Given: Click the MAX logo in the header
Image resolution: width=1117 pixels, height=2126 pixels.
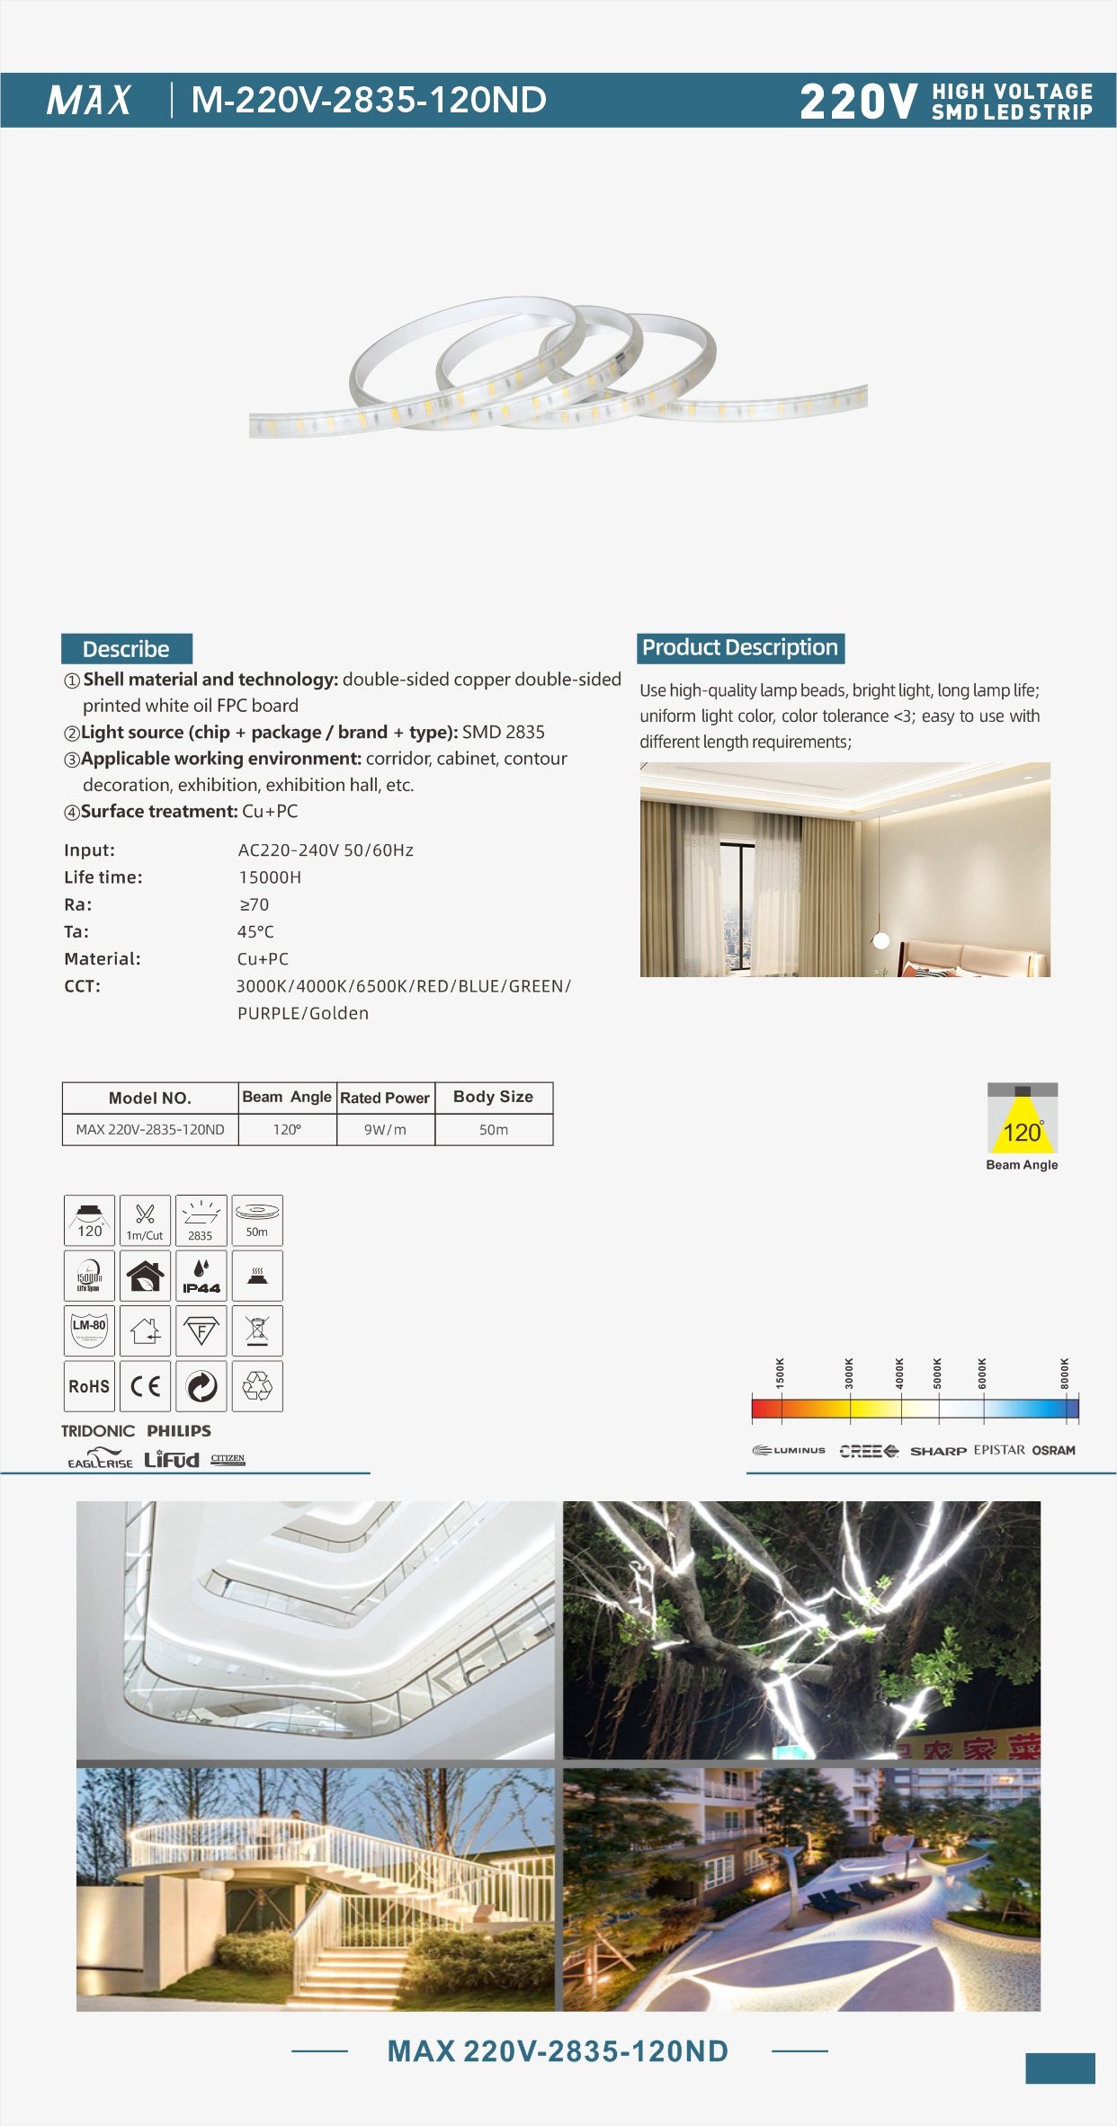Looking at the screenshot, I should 89,100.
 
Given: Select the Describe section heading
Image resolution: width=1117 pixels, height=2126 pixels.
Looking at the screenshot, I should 126,649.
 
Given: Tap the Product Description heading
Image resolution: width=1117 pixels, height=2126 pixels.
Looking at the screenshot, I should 740,648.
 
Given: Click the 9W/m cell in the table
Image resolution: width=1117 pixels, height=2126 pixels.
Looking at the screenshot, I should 385,1130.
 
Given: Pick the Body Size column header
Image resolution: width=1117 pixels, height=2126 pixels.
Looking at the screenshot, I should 493,1097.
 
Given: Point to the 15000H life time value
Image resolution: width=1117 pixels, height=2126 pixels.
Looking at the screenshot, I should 270,877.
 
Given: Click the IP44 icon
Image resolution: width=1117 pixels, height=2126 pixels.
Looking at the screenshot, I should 201,1276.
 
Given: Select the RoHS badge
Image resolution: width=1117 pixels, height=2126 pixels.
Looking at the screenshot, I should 89,1386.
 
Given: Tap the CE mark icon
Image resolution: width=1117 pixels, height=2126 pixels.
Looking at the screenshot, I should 145,1386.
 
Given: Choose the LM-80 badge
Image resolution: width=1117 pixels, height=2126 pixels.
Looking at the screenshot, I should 89,1330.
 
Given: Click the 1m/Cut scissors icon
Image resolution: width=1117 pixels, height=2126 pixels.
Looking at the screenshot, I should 145,1220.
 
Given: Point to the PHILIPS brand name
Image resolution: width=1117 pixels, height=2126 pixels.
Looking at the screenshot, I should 179,1430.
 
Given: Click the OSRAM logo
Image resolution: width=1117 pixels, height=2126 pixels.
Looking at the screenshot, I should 1053,1450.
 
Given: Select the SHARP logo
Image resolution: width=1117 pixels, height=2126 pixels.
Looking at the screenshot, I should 938,1451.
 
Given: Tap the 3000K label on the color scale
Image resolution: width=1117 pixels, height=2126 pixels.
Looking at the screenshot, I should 849,1373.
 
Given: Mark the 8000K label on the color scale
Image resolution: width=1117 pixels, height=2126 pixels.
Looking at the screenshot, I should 1066,1373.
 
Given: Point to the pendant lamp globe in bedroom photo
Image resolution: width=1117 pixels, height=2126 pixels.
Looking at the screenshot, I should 881,940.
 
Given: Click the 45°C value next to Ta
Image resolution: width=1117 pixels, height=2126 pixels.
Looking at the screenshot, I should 255,932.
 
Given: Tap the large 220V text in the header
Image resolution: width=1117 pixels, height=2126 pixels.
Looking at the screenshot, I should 858,102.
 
